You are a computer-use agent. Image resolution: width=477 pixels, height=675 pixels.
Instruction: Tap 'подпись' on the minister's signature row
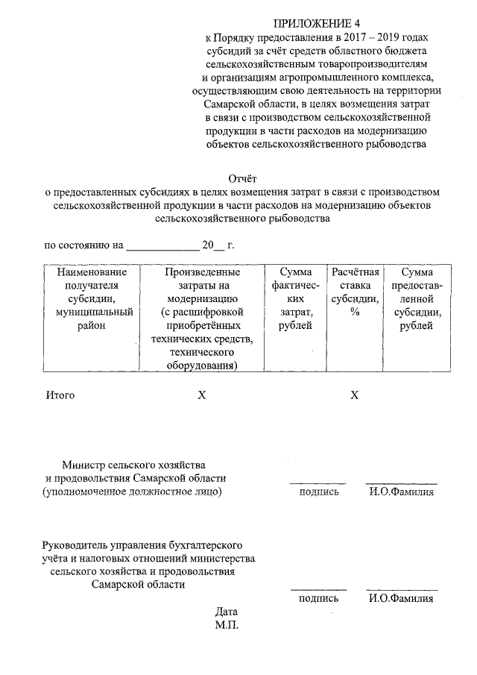click(x=318, y=492)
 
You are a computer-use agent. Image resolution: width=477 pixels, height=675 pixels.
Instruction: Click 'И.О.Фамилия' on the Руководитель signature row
click(x=401, y=598)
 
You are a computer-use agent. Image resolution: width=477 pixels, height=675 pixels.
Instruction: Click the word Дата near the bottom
click(x=227, y=612)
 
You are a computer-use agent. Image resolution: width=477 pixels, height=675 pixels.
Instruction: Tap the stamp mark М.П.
click(x=227, y=625)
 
